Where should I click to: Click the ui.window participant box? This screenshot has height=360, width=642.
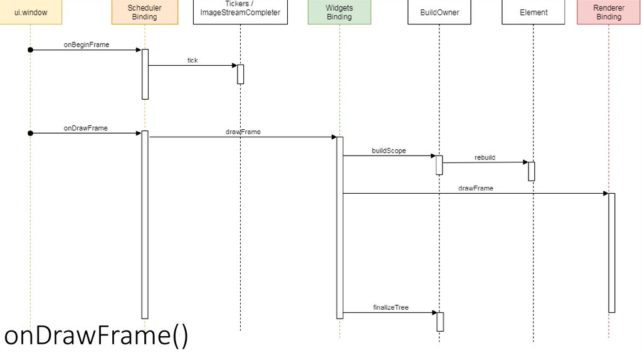click(29, 12)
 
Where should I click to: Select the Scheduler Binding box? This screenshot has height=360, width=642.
click(144, 12)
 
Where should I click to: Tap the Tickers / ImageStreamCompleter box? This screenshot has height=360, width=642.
click(240, 12)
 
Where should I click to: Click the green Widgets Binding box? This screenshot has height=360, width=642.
click(339, 12)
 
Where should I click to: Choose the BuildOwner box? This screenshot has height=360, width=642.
click(439, 12)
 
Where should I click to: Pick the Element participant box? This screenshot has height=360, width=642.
click(534, 12)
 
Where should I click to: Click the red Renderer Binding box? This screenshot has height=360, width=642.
click(608, 12)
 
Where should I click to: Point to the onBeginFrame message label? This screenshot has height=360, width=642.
click(87, 45)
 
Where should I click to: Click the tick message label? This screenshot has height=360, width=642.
click(192, 60)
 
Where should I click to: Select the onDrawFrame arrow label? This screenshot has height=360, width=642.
click(86, 128)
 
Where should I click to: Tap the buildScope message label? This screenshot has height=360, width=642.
click(389, 151)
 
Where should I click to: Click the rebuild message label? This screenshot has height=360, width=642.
click(485, 157)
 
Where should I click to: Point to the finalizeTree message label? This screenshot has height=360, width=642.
click(391, 307)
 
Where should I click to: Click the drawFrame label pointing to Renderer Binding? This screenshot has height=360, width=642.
click(475, 188)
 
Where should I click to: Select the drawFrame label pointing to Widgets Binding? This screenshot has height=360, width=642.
click(243, 132)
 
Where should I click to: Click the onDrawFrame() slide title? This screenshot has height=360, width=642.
click(95, 337)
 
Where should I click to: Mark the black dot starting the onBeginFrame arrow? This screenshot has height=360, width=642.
click(29, 50)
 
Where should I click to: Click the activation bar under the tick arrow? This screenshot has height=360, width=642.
click(240, 74)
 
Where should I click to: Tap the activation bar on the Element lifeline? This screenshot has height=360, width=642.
click(531, 171)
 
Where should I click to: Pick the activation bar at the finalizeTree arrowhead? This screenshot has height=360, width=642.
click(440, 321)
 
